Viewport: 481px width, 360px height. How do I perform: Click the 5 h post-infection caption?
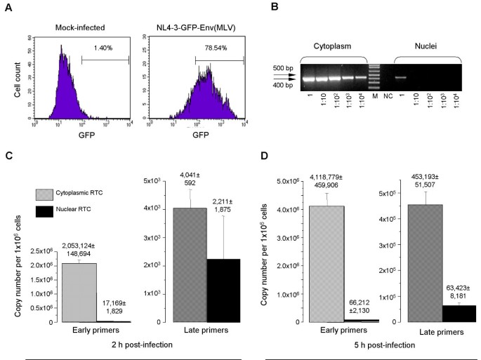376,345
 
